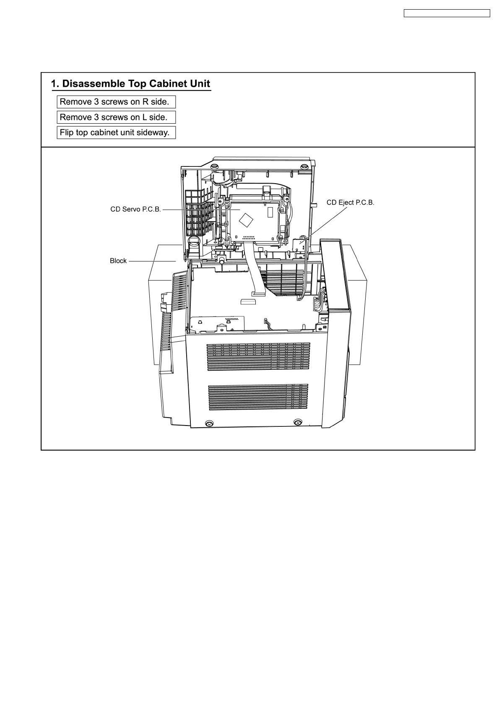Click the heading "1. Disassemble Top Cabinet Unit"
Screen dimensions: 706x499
point(130,83)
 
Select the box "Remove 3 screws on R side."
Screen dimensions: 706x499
point(116,102)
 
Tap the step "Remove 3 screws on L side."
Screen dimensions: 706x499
point(116,117)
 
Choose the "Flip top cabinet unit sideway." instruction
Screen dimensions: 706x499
point(116,132)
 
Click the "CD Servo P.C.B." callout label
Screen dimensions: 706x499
point(135,209)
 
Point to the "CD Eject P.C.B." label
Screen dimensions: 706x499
point(350,202)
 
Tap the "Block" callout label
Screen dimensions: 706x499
point(118,261)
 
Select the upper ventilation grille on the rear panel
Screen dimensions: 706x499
point(258,357)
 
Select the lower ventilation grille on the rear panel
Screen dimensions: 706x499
point(258,397)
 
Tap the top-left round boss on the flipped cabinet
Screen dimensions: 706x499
point(214,167)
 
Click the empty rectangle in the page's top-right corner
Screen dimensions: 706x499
point(447,13)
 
